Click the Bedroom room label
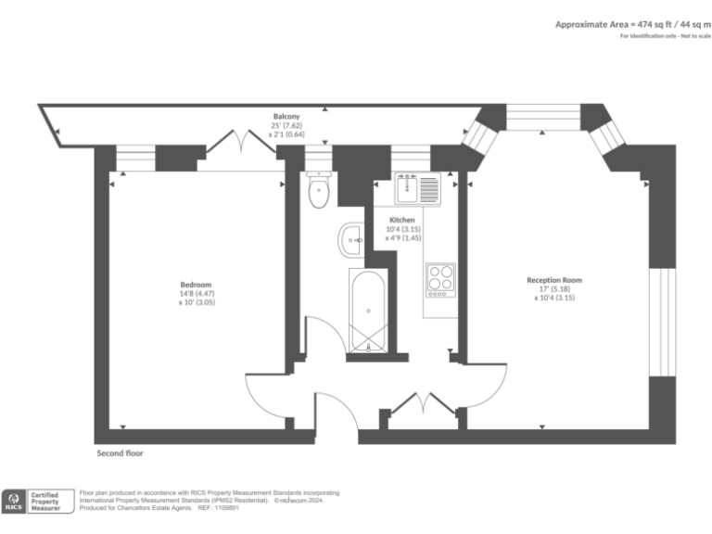click(196, 285)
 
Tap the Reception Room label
click(554, 280)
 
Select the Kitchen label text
click(401, 220)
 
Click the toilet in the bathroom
click(319, 191)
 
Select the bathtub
click(369, 311)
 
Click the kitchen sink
click(418, 190)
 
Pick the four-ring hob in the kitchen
click(440, 277)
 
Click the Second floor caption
click(121, 454)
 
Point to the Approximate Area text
click(626, 24)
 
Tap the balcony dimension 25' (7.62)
click(286, 126)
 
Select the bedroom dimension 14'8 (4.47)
click(196, 294)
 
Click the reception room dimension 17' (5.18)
click(554, 289)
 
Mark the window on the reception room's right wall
click(662, 322)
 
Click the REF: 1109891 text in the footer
click(222, 507)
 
